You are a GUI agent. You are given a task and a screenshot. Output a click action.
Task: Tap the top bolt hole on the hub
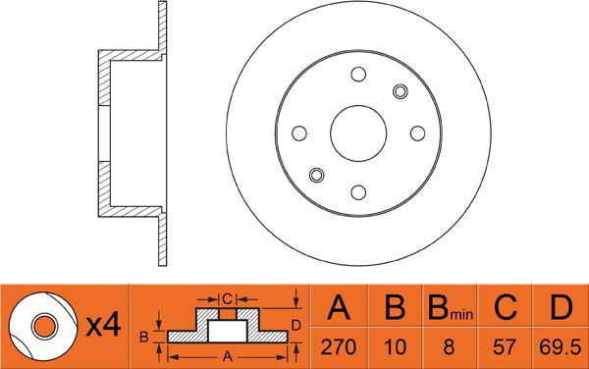click(358, 75)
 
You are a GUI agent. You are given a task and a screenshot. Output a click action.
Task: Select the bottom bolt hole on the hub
click(358, 192)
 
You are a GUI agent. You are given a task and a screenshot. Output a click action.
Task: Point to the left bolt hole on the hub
click(299, 133)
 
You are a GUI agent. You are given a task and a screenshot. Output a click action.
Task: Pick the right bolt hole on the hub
click(418, 133)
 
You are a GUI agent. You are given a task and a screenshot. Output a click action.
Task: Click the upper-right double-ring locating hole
click(401, 91)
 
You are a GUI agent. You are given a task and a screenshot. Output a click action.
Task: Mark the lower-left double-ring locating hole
click(317, 175)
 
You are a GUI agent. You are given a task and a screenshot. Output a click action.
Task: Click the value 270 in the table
click(338, 347)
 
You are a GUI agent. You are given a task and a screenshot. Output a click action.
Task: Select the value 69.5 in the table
click(561, 347)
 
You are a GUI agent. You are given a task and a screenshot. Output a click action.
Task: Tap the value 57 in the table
click(505, 347)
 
